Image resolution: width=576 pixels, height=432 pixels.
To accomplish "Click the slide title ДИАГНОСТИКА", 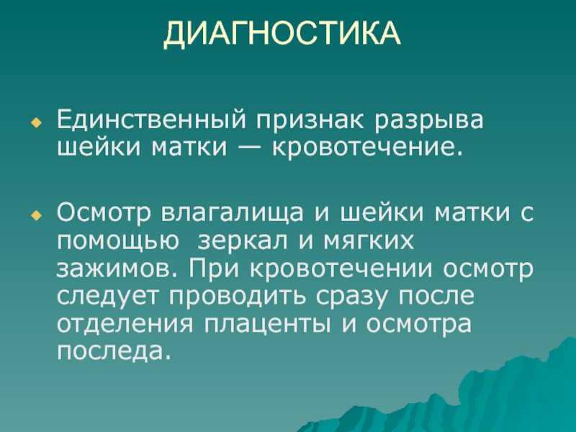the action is click(x=282, y=34).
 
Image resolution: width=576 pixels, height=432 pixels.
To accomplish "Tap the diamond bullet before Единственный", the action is click(x=37, y=122).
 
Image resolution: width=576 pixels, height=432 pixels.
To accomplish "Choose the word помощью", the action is click(x=118, y=241).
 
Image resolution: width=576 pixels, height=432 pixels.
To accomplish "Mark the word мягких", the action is click(x=369, y=241).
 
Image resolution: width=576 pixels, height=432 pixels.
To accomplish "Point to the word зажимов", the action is click(x=117, y=269).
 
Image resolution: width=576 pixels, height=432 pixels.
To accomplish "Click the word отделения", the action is click(x=125, y=324).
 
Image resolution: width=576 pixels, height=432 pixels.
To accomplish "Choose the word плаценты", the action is click(x=266, y=325).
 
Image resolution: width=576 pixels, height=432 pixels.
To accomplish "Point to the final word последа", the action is click(x=114, y=351).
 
